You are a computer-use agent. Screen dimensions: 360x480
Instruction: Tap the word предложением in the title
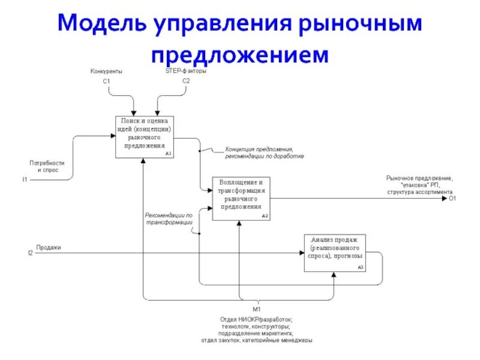click(240, 55)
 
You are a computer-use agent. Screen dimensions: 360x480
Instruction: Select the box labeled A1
click(145, 137)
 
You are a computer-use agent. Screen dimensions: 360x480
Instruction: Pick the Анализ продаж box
click(334, 253)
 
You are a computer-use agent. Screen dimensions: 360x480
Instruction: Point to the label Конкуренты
click(106, 71)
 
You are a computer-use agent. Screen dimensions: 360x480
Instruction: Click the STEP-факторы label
click(186, 71)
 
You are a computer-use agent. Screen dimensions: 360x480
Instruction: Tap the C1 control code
click(106, 80)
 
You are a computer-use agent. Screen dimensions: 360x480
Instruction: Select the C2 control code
click(186, 80)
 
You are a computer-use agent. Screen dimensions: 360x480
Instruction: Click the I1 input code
click(25, 179)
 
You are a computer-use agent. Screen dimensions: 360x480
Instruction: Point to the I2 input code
click(29, 253)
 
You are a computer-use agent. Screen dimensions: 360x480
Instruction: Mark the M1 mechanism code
click(256, 310)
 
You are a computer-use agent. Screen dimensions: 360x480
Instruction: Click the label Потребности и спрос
click(47, 166)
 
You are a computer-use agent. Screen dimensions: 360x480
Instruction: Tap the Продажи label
click(49, 247)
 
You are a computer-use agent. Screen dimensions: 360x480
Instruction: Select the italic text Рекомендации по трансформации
click(169, 218)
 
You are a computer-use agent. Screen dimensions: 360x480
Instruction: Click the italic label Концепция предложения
click(259, 149)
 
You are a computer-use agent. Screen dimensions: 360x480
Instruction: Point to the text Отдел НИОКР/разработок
click(256, 319)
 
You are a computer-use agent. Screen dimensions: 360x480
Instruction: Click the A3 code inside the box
click(360, 267)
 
